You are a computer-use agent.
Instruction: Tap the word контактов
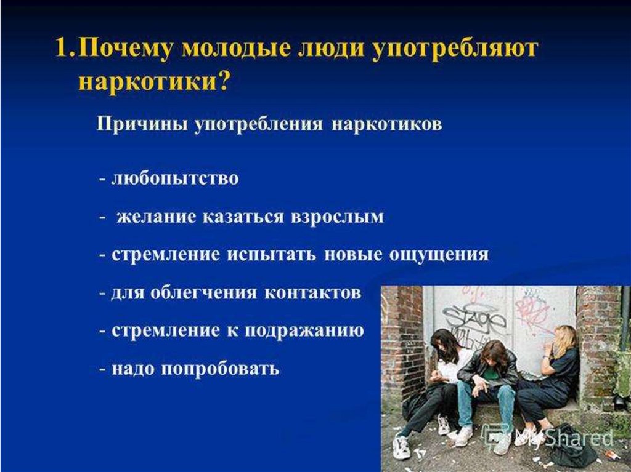point(312,292)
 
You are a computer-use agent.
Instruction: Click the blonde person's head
point(563,338)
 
